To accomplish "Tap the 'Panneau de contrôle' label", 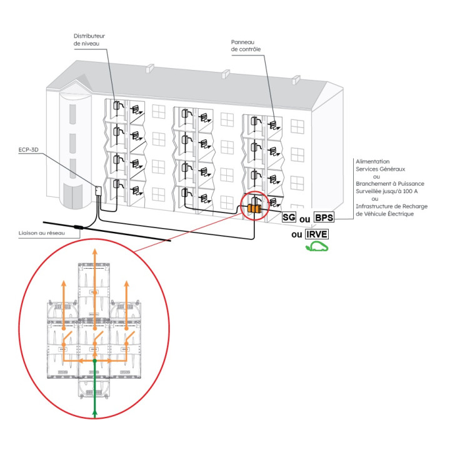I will (246, 45).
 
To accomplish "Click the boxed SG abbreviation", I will (289, 217).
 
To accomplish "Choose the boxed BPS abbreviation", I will (324, 217).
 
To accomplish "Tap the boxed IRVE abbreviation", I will (317, 234).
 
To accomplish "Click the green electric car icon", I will (317, 247).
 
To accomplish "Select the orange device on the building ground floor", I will (254, 209).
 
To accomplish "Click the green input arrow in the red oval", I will (94, 400).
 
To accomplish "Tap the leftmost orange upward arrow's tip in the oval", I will (62, 283).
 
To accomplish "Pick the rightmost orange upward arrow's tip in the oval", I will (127, 283).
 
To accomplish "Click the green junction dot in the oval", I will (94, 361).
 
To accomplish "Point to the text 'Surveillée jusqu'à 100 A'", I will (388, 191).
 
